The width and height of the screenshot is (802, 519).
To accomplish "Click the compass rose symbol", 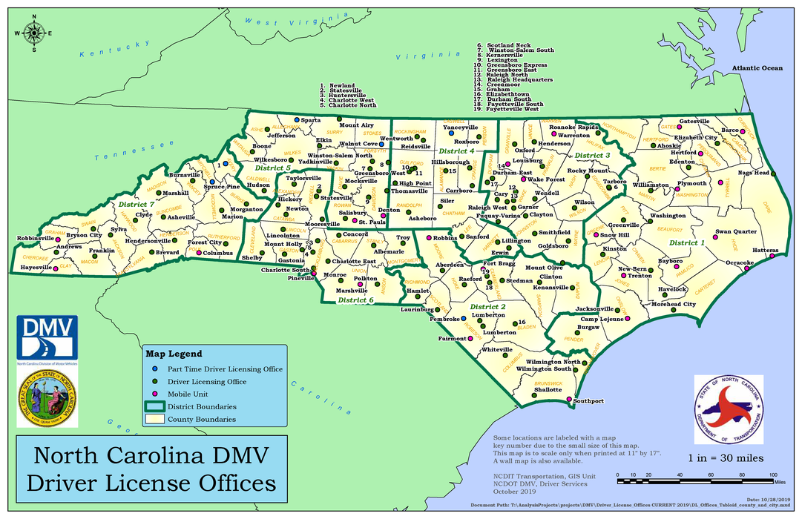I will pos(34,33).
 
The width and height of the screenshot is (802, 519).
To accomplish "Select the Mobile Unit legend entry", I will pos(187,394).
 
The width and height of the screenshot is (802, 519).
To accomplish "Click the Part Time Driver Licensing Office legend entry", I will pos(225,368).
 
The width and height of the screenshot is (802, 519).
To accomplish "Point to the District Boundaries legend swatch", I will pos(154,406).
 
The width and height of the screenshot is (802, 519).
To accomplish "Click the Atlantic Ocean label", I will pos(757,68).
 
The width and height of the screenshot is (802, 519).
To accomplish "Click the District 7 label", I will pos(136,204).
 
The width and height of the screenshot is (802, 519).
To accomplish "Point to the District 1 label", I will pos(686,242).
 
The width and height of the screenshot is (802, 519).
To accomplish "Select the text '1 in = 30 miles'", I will pos(726,458).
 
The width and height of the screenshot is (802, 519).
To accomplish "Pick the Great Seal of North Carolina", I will pos(47,397).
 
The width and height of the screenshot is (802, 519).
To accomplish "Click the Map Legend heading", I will pos(173,354).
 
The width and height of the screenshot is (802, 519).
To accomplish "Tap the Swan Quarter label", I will pos(736,231).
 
